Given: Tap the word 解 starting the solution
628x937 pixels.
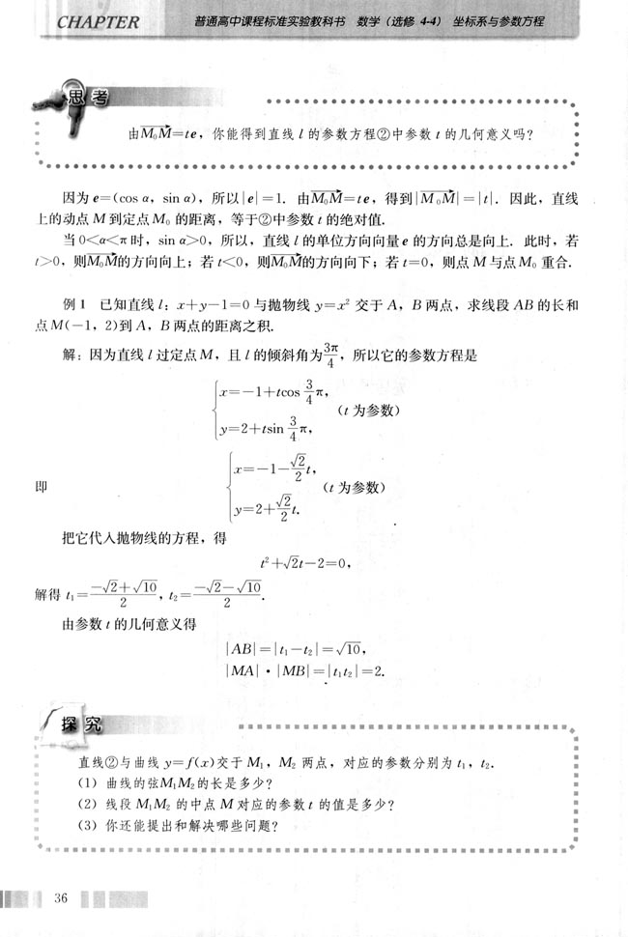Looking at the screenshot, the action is (x=70, y=355).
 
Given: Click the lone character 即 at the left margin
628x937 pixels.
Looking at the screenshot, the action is (x=40, y=487).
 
